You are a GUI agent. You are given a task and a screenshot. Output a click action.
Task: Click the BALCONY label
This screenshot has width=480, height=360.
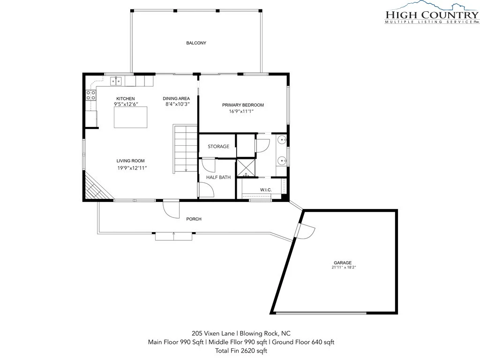(x=196, y=43)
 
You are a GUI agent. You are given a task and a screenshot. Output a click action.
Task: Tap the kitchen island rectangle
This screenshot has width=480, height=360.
(x=130, y=117)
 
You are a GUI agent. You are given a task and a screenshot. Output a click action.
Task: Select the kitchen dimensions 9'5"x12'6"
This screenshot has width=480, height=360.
(x=126, y=104)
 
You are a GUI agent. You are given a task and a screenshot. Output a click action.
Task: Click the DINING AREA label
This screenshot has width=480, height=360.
(x=176, y=98)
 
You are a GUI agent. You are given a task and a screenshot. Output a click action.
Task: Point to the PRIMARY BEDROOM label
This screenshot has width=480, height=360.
(x=243, y=105)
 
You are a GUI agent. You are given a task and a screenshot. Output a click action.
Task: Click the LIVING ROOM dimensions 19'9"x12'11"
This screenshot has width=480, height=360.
(x=132, y=168)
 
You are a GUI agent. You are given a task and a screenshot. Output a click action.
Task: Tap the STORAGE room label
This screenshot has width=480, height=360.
(x=218, y=146)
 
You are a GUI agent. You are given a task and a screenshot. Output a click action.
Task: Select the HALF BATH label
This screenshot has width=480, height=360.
(x=218, y=177)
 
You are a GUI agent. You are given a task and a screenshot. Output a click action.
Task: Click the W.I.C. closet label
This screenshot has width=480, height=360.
(x=266, y=190)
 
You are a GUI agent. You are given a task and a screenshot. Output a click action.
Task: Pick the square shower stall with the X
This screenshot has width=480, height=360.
(x=246, y=167)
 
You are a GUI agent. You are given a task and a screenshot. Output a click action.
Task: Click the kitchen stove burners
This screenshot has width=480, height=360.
(x=91, y=95)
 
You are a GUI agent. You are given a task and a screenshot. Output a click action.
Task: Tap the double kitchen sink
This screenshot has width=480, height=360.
(x=116, y=81)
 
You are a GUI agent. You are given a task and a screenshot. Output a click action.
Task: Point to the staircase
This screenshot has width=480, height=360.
(x=185, y=149)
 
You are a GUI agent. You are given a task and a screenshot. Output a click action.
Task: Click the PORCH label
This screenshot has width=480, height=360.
(x=194, y=219)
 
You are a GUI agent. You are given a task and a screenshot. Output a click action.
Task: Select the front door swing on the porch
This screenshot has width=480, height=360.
(x=171, y=209)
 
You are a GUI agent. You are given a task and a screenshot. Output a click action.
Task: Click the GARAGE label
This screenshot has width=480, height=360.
(x=343, y=262)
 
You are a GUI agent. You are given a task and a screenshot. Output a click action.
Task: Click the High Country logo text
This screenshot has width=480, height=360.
(x=432, y=15)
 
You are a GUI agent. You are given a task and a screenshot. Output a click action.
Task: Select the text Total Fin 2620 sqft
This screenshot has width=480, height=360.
(x=241, y=351)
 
